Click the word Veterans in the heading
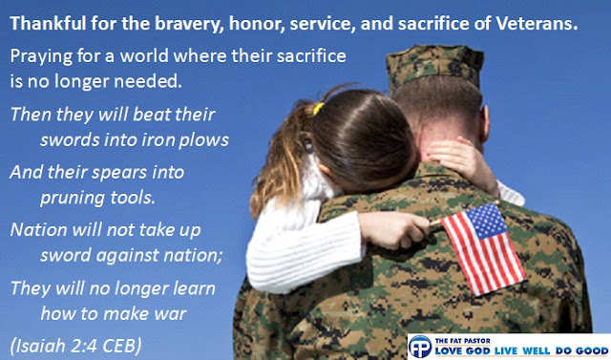point(537,24)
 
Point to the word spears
point(120,173)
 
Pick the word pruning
point(73,199)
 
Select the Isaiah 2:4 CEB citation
point(76,346)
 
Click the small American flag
point(483,248)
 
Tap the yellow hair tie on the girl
point(318,108)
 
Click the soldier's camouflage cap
point(434,67)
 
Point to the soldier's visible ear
point(485,124)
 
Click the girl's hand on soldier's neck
point(460,159)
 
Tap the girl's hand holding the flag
point(393,230)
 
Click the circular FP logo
point(420,347)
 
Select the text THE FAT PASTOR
point(457,341)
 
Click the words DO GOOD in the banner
point(581,350)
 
